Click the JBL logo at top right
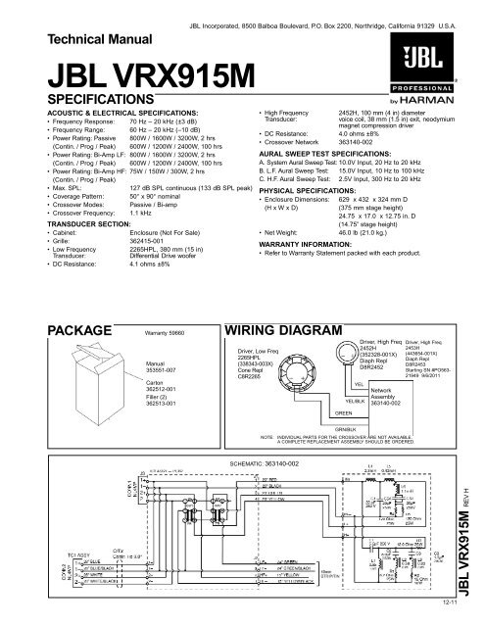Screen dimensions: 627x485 [436, 60]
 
